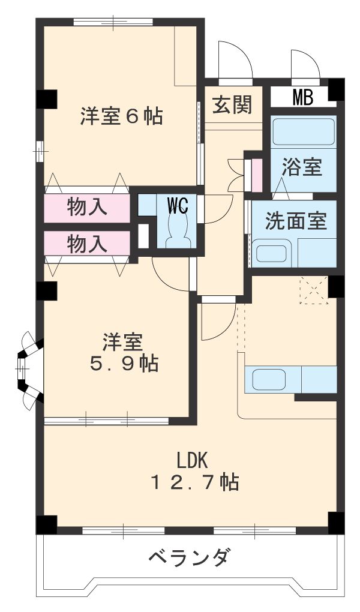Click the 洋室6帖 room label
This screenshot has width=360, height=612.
121,115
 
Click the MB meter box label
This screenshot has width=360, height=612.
302,97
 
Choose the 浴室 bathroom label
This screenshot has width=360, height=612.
302,167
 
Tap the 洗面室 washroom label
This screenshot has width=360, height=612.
296,221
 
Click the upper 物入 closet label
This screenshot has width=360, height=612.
87,207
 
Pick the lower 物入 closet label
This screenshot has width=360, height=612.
87,244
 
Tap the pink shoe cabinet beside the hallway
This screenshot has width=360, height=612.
256,173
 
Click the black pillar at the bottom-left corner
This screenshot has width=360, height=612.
46,523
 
